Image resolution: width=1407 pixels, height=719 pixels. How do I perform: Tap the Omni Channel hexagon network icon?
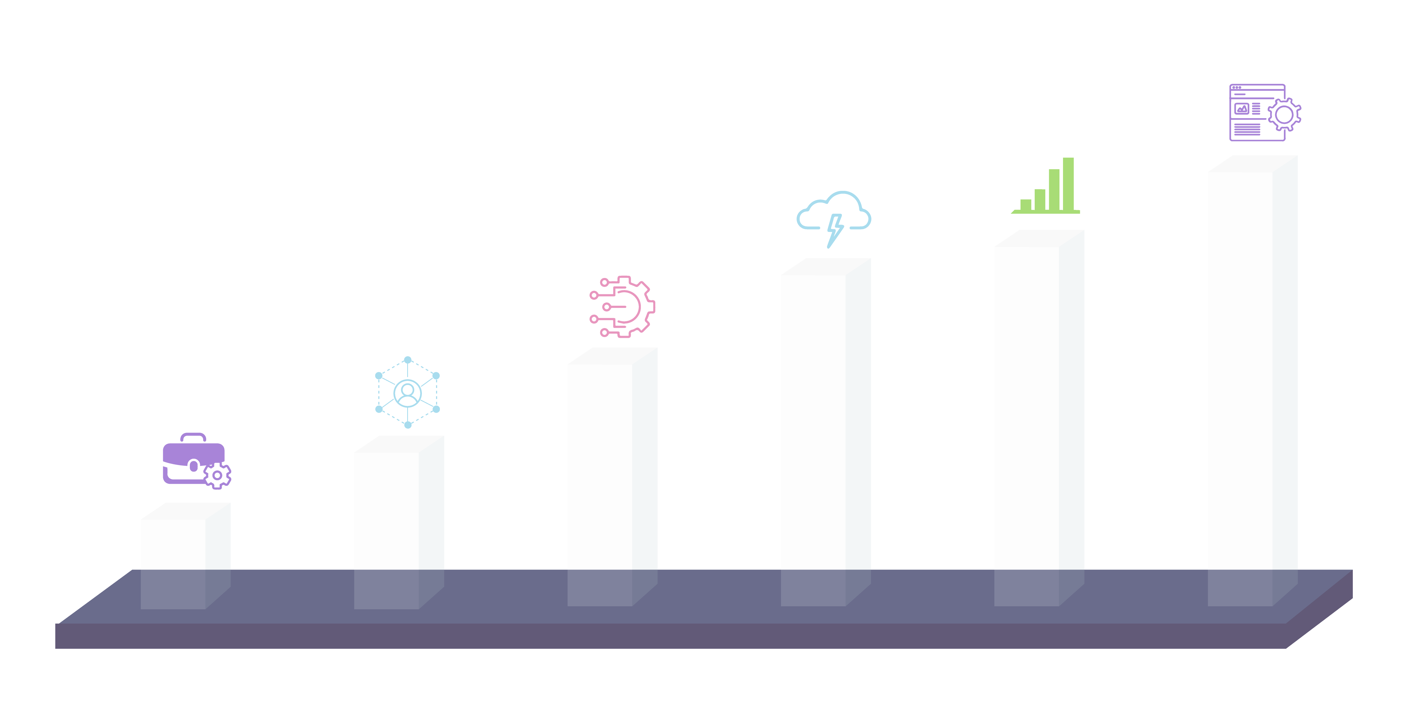[x=407, y=392]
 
